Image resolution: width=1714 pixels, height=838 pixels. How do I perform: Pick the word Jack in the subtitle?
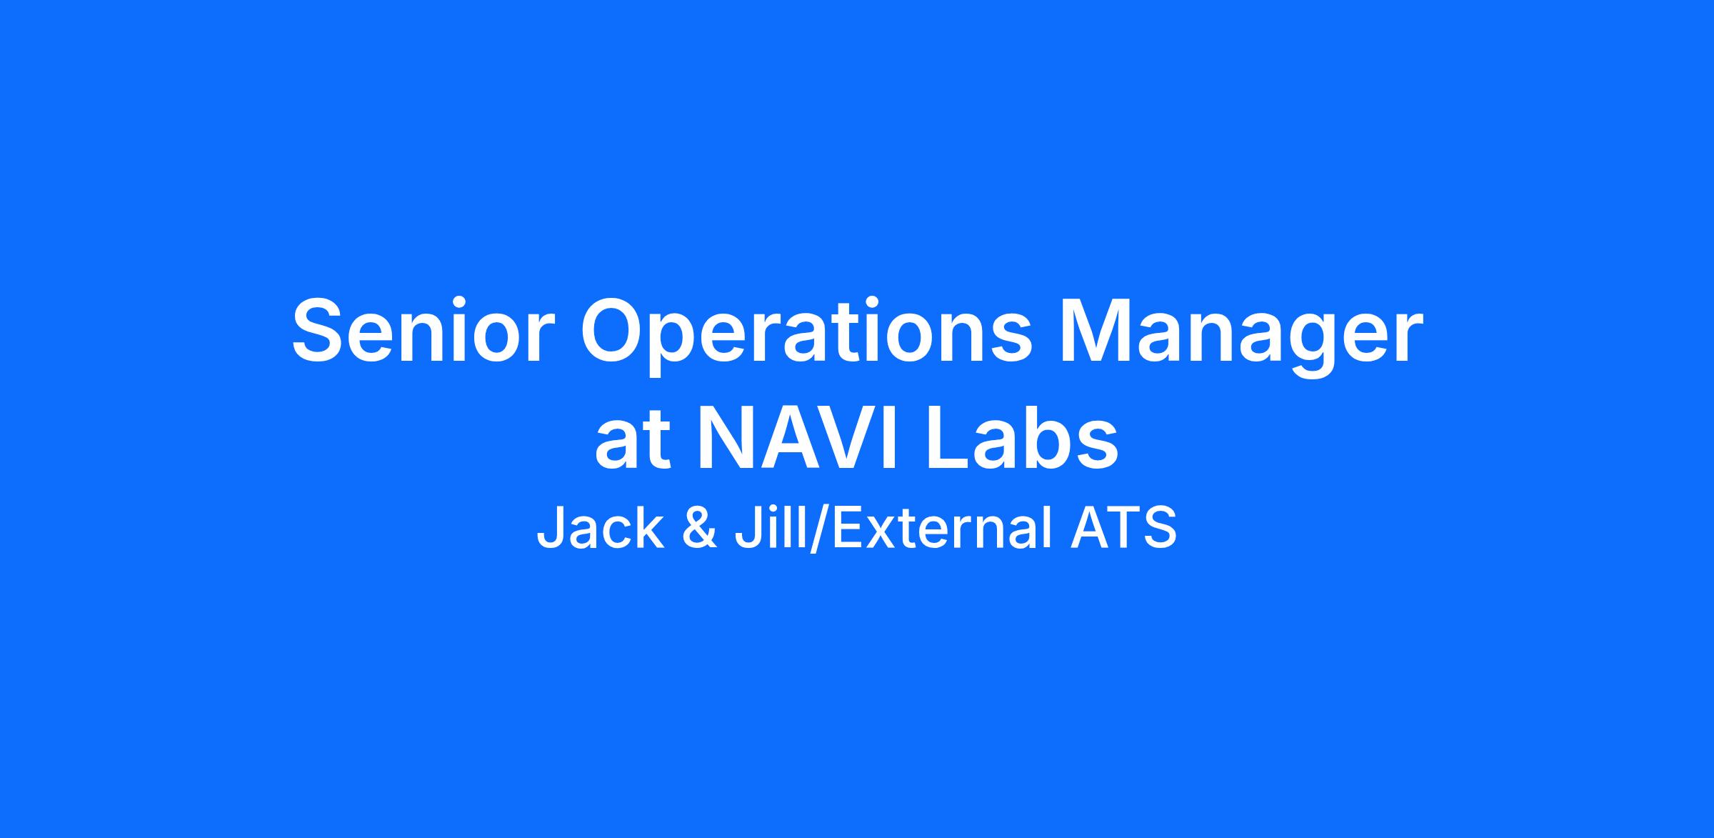pos(600,527)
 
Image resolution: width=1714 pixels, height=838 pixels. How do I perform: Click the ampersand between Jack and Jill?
pos(700,528)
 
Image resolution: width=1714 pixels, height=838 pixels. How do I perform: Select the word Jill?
pos(772,527)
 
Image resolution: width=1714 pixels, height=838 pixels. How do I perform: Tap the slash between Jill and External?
pos(819,529)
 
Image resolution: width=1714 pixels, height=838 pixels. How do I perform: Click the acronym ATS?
pos(1123,528)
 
